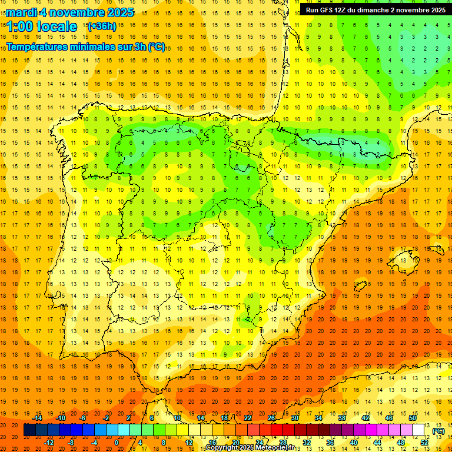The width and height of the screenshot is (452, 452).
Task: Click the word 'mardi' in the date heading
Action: [x=22, y=12]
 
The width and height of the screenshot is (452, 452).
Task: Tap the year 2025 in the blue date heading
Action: [x=118, y=12]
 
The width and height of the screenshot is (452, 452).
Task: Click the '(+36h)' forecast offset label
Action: [x=102, y=26]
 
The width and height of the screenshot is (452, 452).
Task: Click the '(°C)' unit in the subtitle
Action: [x=156, y=47]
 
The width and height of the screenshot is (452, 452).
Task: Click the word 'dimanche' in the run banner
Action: [x=387, y=10]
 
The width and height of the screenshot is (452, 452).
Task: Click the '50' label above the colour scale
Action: [x=413, y=418]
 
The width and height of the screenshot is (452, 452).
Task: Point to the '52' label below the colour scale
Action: [x=424, y=443]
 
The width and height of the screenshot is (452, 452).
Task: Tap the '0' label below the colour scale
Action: [x=117, y=443]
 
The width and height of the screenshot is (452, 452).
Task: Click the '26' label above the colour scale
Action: [x=271, y=418]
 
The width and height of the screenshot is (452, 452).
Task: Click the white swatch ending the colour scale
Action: [x=418, y=430]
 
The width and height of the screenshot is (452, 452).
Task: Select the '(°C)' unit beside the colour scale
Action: [x=438, y=431]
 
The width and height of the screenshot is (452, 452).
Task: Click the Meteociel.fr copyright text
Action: [x=250, y=448]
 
